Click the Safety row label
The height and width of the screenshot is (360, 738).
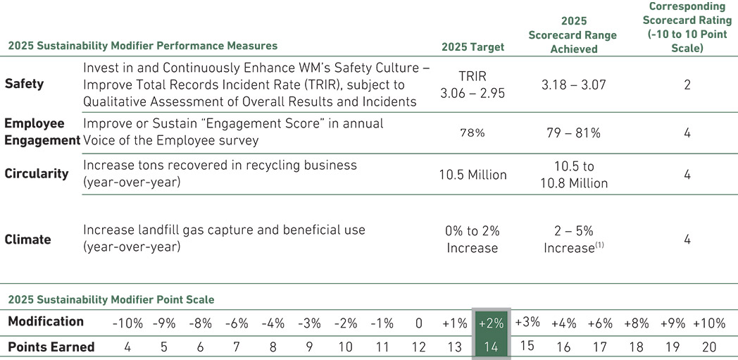coord(24,84)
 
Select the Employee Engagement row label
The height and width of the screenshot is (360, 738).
coord(41,131)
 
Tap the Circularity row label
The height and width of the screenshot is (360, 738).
coord(37,173)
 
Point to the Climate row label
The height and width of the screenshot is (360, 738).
coord(27,240)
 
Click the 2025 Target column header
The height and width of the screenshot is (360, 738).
coord(473,47)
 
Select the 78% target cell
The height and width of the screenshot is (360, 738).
coord(473,132)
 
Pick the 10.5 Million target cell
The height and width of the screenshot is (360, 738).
coord(473,174)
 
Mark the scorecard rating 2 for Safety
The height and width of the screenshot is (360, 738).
coord(687,85)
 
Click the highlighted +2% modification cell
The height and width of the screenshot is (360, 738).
coord(492,323)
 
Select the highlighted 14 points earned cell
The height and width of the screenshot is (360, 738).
coord(492,347)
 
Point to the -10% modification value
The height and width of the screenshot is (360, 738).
coord(127,323)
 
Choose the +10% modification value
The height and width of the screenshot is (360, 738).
coord(709,323)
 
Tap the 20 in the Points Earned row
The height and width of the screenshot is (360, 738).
coord(709,347)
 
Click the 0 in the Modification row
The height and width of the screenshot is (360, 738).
coord(419,323)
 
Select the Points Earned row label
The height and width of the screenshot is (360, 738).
coord(51,347)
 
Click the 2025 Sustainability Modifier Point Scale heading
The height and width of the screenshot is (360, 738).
coord(111,299)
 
